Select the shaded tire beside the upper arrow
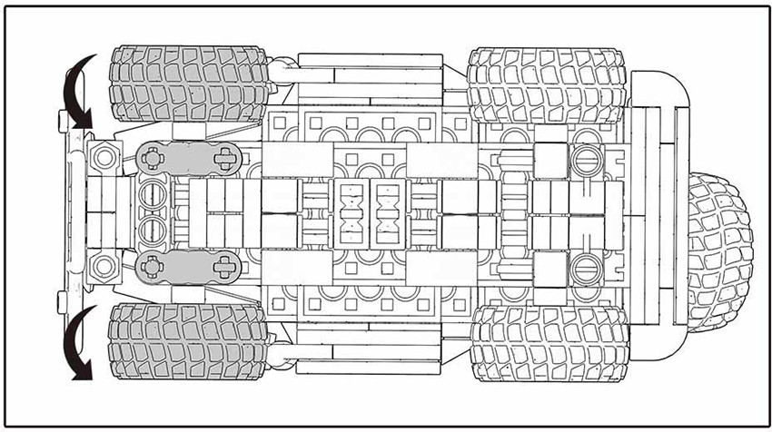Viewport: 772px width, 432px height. [x=187, y=83]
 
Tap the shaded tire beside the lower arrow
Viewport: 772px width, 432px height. [x=187, y=349]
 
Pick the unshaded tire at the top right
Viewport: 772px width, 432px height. [x=549, y=86]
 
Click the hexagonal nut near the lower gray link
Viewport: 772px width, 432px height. [x=104, y=267]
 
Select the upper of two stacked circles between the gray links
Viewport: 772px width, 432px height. [x=153, y=194]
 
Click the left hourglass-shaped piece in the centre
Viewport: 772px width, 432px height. [x=351, y=216]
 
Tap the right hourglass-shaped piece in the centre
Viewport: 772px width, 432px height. [x=389, y=216]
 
